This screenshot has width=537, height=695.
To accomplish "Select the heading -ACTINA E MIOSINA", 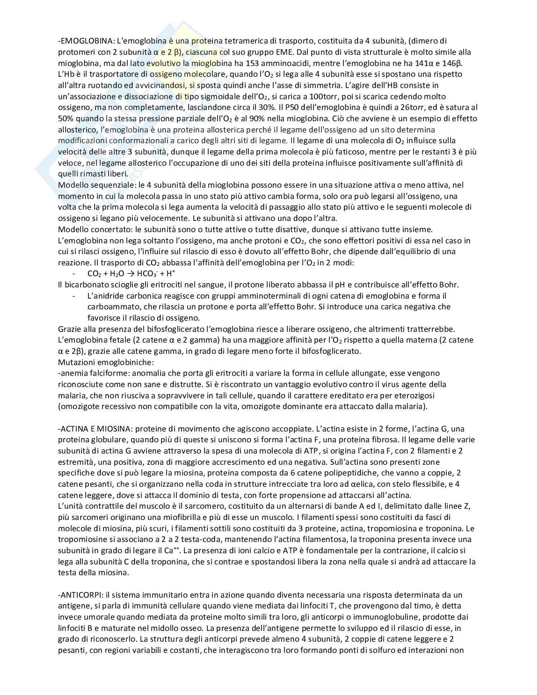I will pyautogui.click(x=100, y=429).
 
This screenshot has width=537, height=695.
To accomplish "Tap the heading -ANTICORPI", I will pyautogui.click(x=80, y=595).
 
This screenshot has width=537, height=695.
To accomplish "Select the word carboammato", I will pyautogui.click(x=110, y=307).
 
